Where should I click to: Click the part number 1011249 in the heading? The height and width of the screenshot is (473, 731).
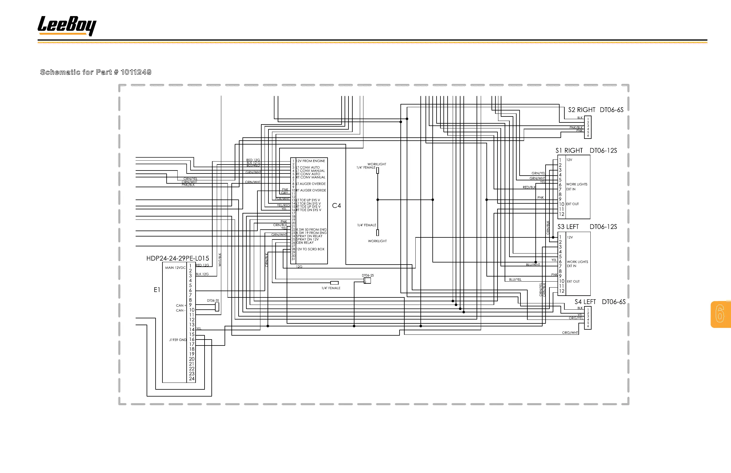click(x=136, y=72)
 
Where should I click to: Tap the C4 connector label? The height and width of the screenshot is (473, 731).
click(x=336, y=206)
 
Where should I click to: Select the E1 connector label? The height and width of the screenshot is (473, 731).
click(x=157, y=290)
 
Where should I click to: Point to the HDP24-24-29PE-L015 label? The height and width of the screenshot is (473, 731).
click(x=178, y=258)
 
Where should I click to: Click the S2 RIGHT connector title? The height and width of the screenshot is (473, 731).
click(x=581, y=110)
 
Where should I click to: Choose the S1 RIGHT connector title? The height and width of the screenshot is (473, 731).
click(x=569, y=150)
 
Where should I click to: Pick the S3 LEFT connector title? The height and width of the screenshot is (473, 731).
click(x=568, y=227)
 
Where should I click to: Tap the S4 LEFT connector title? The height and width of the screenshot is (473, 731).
click(x=585, y=302)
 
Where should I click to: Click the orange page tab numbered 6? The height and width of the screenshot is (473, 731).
click(x=720, y=314)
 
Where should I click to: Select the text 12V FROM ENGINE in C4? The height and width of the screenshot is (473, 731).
click(x=310, y=161)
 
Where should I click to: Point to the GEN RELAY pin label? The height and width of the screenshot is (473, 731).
click(x=305, y=243)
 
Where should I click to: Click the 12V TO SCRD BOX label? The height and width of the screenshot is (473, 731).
click(x=310, y=249)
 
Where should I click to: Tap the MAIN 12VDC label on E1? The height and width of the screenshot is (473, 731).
click(x=175, y=268)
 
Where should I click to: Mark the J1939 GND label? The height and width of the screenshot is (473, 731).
click(x=178, y=340)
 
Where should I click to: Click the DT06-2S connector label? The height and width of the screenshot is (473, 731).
click(x=368, y=276)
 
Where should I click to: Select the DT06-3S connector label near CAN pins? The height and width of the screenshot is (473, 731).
click(x=213, y=301)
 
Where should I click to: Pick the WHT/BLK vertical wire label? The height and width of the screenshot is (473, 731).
click(x=219, y=259)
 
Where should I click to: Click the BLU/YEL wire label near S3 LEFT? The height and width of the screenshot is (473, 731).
click(x=515, y=279)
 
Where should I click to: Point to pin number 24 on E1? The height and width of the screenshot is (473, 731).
click(x=192, y=379)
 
